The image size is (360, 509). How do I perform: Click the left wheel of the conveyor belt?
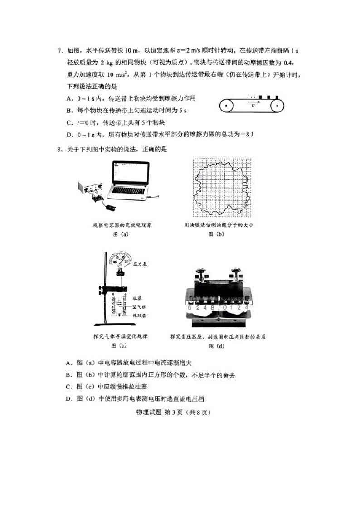[x=226, y=106]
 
